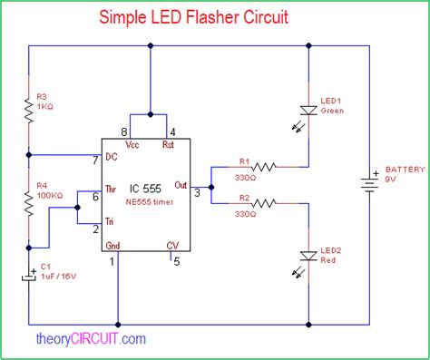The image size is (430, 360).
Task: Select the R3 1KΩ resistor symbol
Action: click(x=29, y=111)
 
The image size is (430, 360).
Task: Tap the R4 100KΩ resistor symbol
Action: click(x=29, y=204)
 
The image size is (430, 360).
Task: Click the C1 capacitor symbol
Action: click(x=29, y=277)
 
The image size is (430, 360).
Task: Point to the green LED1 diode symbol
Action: click(x=308, y=111)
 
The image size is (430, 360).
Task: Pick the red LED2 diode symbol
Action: click(x=308, y=256)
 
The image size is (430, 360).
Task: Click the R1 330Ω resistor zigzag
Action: click(x=263, y=167)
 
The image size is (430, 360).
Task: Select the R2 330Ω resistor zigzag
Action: click(x=263, y=203)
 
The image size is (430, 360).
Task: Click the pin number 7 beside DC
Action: click(x=95, y=161)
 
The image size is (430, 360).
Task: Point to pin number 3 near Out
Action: click(x=197, y=192)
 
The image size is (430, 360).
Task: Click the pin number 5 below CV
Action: click(x=177, y=261)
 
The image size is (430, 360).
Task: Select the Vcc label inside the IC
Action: click(x=132, y=145)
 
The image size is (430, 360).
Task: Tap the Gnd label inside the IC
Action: click(x=112, y=246)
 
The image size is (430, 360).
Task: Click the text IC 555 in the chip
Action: click(x=145, y=189)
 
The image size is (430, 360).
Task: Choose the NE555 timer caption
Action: click(x=150, y=202)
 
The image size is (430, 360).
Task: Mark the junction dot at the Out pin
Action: click(x=211, y=187)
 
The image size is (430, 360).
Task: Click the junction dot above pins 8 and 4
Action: click(x=151, y=114)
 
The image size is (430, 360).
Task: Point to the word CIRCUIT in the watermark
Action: click(x=94, y=338)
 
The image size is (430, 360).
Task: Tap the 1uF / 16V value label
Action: click(x=58, y=277)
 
